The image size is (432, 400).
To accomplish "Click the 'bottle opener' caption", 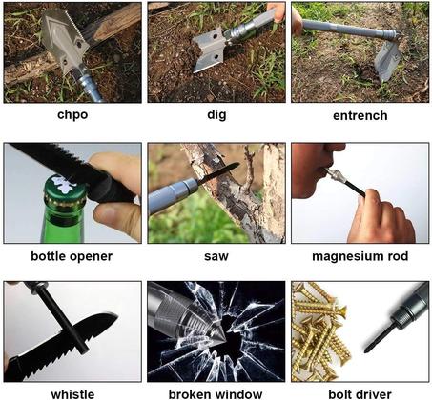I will (72, 256).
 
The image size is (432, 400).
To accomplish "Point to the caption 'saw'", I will (216, 256).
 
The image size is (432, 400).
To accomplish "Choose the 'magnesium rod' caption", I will (360, 256).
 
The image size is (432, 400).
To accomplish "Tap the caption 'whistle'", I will (72, 391).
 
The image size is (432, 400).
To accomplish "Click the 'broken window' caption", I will (216, 391).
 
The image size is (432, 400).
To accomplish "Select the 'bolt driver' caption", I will (360, 391).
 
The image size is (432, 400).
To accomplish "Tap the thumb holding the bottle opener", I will (118, 171).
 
